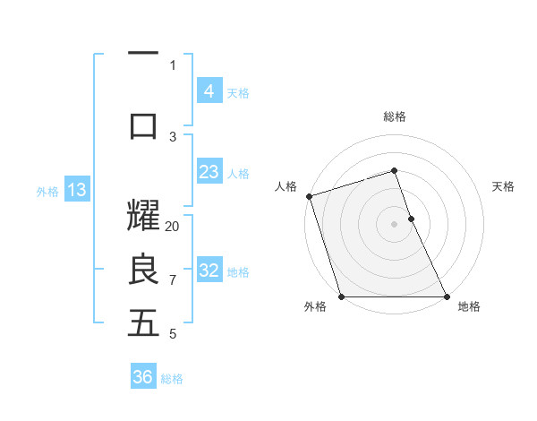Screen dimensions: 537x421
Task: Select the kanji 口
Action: pyautogui.click(x=143, y=125)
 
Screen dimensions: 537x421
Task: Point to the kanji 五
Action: pyautogui.click(x=143, y=323)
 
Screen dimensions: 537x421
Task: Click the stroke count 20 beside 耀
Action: pyautogui.click(x=173, y=227)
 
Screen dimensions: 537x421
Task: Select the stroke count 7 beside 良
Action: pyautogui.click(x=173, y=280)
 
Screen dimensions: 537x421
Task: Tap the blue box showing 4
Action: pyautogui.click(x=209, y=90)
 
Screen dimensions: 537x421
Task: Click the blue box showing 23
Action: pyautogui.click(x=209, y=172)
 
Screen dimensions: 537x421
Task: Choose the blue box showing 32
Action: pyautogui.click(x=209, y=271)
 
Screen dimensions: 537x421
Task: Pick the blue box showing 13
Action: pyautogui.click(x=76, y=189)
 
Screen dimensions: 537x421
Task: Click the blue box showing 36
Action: pyautogui.click(x=142, y=377)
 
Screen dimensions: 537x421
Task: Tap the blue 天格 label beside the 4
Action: pyautogui.click(x=238, y=92)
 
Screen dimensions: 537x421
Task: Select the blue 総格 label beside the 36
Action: pyautogui.click(x=172, y=379)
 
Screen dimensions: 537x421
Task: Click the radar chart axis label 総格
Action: pyautogui.click(x=395, y=116)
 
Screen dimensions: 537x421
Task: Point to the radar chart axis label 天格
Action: pyautogui.click(x=504, y=186)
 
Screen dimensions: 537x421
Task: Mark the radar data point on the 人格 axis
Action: pyautogui.click(x=309, y=196)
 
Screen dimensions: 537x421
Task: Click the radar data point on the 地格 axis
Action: pyautogui.click(x=447, y=296)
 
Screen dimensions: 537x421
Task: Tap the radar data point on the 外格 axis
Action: pyautogui.click(x=341, y=296)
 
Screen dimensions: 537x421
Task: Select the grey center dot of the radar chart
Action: pyautogui.click(x=394, y=224)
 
